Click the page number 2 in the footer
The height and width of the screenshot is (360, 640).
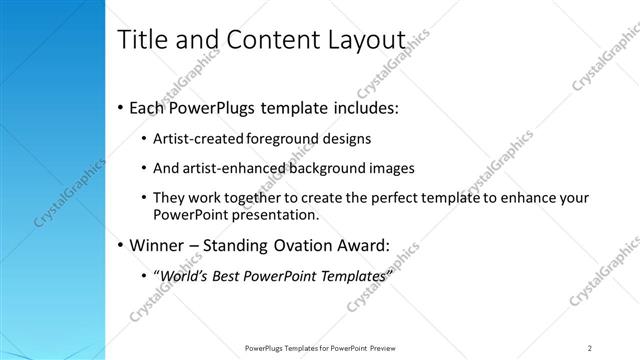[x=590, y=348]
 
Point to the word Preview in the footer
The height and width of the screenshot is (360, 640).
[x=387, y=348]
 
